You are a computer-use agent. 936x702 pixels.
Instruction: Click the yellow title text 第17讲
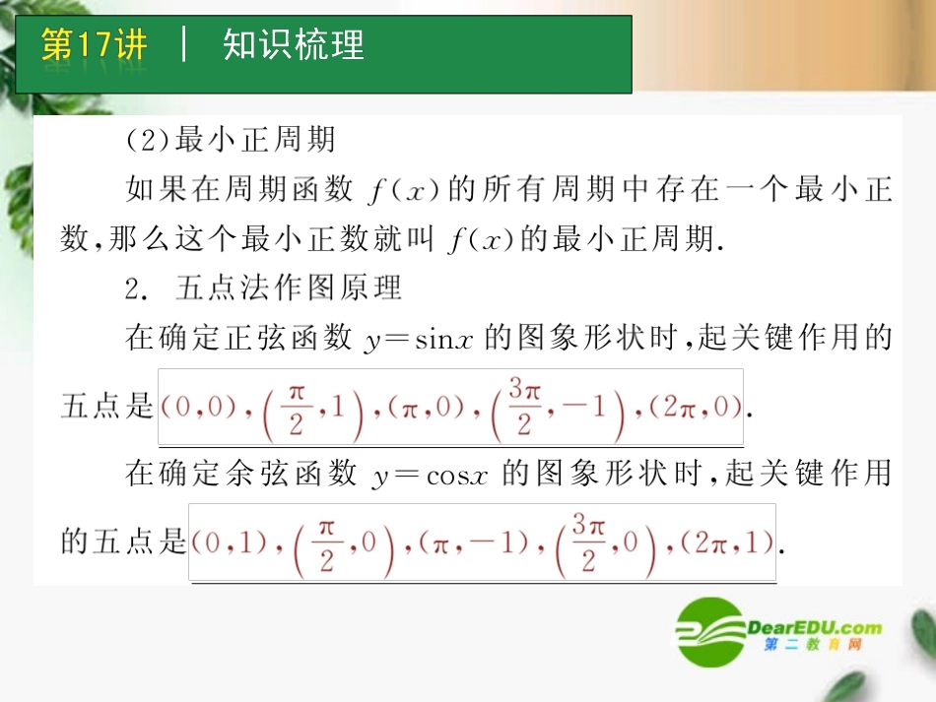[x=94, y=45]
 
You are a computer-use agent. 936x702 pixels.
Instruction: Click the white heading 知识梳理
[x=294, y=45]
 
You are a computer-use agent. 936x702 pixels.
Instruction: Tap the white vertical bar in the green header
[x=184, y=45]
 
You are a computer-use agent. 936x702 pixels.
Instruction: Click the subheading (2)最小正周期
[x=231, y=140]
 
